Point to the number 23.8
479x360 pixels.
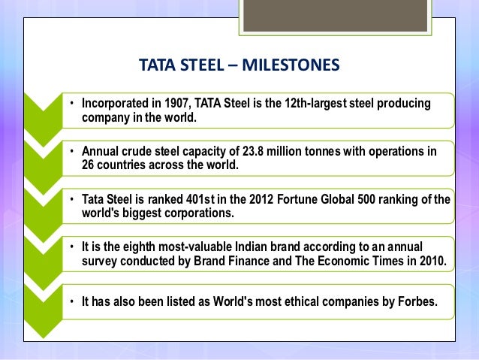(247, 151)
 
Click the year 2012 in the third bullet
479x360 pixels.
(238, 199)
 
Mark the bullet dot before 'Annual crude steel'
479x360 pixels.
(73, 151)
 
